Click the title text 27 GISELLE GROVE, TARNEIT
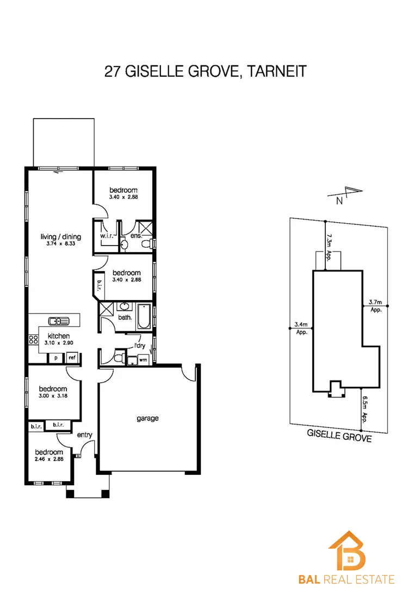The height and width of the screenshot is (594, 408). coord(204,72)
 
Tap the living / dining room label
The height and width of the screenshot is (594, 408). coord(61,236)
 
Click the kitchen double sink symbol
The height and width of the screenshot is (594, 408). coord(57,321)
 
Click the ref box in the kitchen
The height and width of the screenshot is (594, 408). coord(72,358)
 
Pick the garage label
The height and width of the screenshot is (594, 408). coord(147,418)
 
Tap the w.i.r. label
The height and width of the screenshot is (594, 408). coord(106,236)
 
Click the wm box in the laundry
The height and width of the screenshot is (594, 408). coord(143,359)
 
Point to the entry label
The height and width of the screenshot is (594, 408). coord(84,434)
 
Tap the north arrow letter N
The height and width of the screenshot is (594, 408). coord(339,200)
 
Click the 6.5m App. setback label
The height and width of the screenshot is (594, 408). coord(365,409)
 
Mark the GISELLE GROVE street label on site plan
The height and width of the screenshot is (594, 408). coord(339,436)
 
